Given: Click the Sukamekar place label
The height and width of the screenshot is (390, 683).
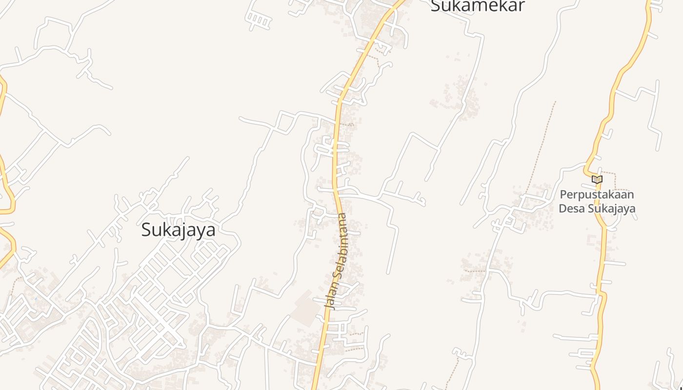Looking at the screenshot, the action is coord(478,6).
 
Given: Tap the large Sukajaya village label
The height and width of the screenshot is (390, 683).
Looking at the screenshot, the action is coord(178,230).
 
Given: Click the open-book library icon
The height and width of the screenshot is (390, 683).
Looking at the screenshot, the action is coord(597,179).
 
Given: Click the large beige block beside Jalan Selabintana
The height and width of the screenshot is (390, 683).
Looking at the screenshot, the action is coord(306,308).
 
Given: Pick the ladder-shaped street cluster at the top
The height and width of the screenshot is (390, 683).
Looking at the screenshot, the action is coord(258,20).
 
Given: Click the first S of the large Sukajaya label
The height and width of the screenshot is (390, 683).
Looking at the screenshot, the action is coord(146,230).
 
